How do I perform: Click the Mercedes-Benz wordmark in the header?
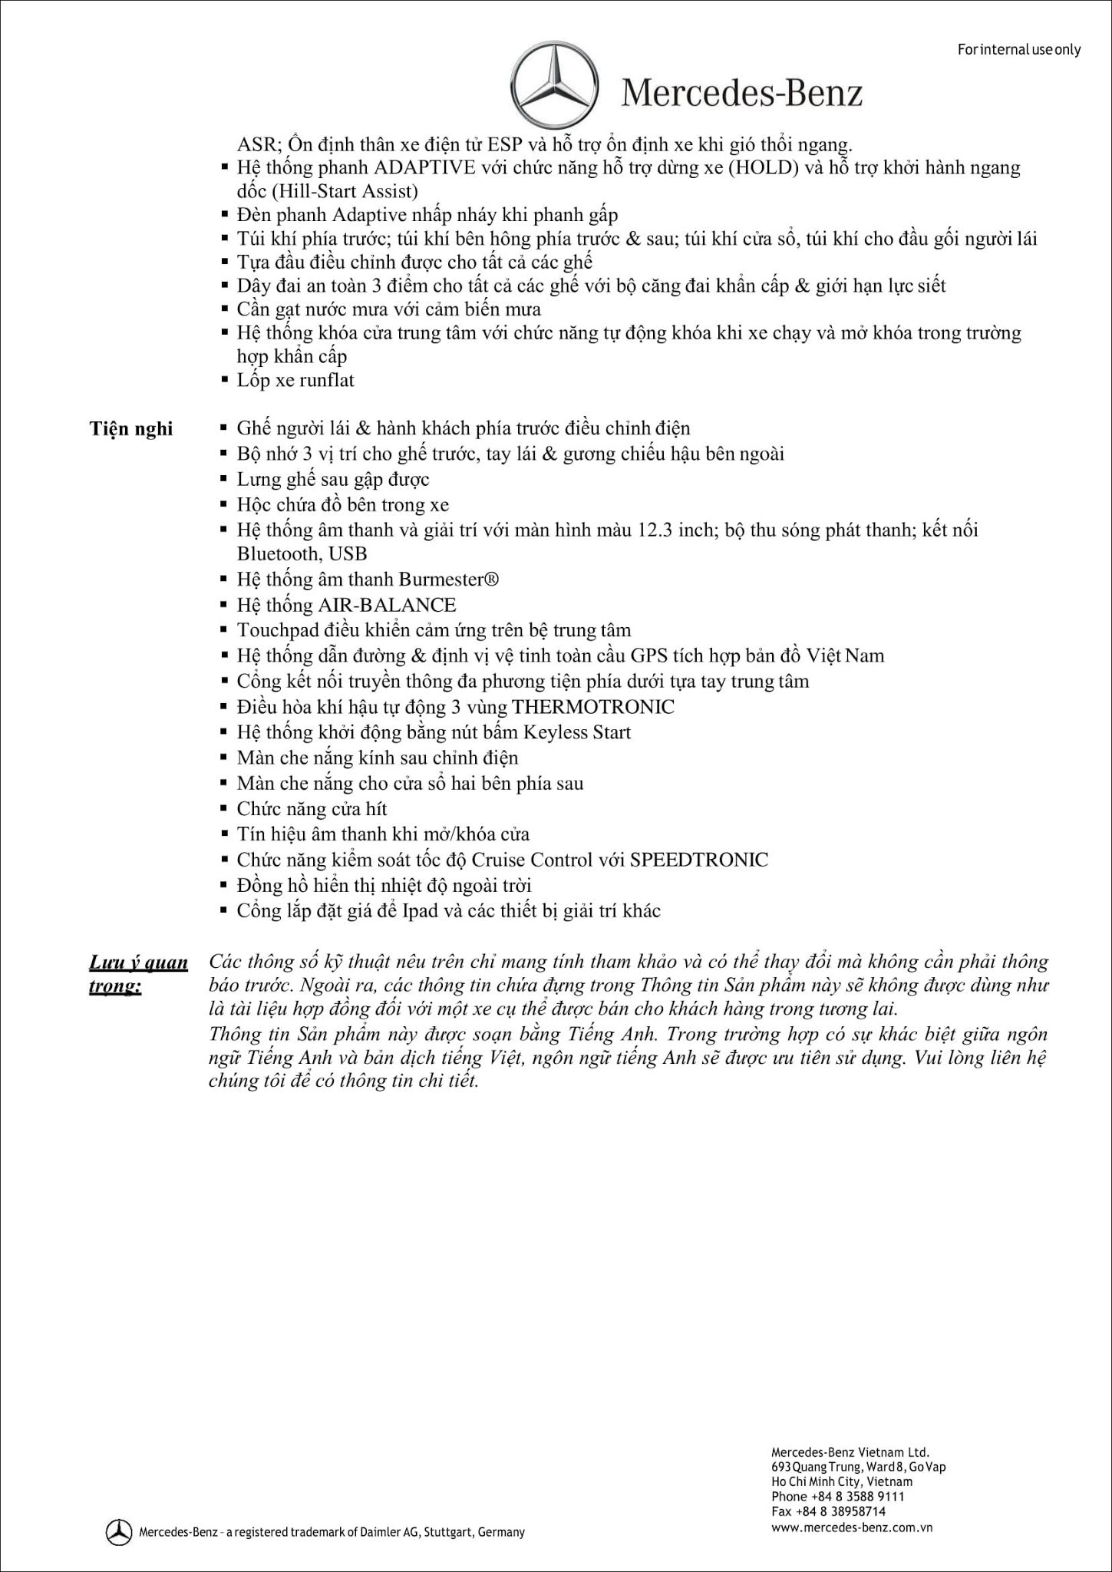coord(741,93)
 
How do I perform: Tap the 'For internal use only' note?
coord(1018,50)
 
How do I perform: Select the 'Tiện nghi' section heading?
coord(131,428)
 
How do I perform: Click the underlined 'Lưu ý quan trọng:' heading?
coord(138,973)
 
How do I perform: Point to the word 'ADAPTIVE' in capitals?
coord(415,167)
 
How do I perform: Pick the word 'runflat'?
coord(326,380)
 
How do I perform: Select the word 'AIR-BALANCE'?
coord(388,605)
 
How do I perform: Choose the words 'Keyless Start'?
coord(582,732)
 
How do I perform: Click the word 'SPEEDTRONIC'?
coord(698,859)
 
